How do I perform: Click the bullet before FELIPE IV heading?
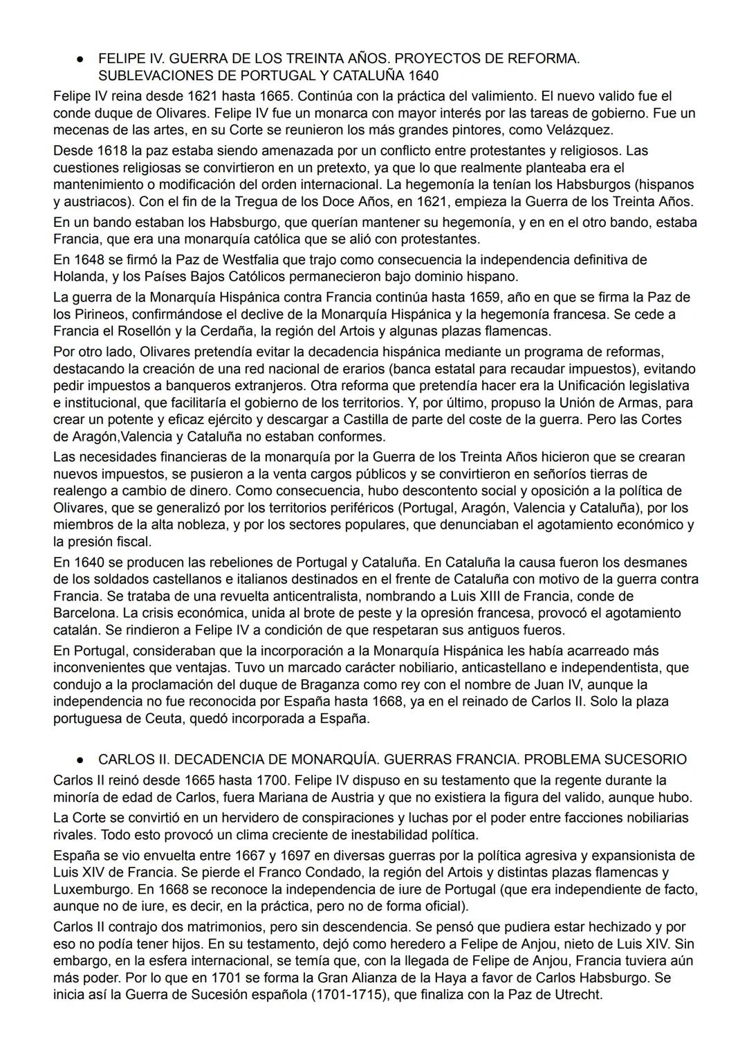(80, 59)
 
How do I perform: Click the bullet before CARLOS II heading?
(80, 760)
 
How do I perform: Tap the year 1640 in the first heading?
(423, 75)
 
